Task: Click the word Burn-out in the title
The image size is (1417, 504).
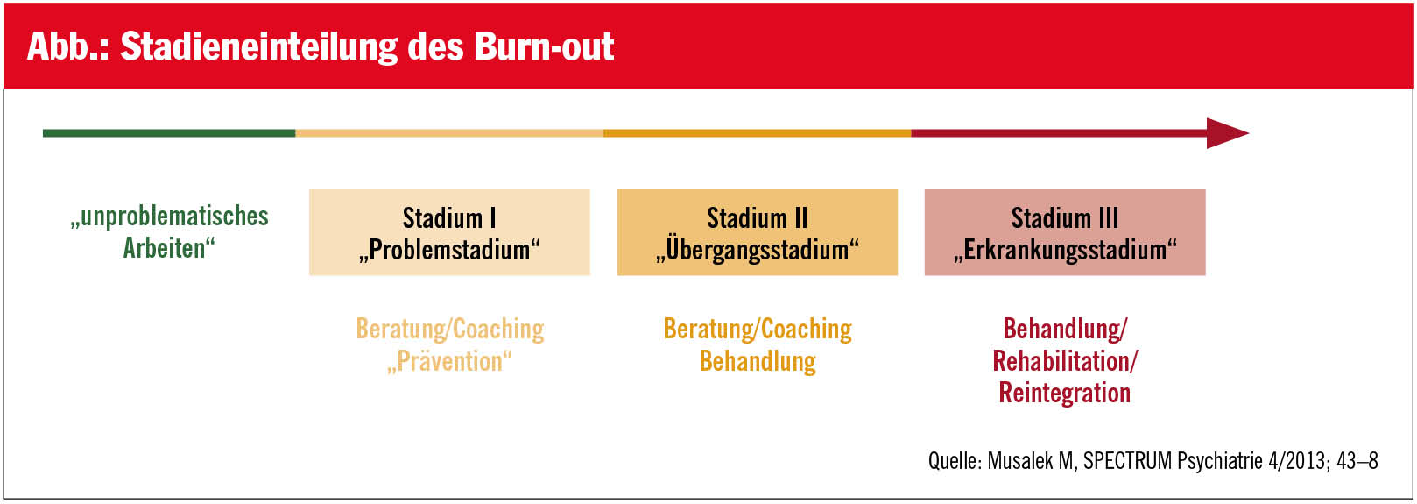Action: tap(544, 46)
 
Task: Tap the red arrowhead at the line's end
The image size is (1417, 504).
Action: tap(1227, 133)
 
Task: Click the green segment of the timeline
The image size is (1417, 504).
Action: tap(169, 133)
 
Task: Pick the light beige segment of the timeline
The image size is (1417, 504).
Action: tap(450, 133)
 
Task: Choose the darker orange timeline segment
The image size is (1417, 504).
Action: tap(758, 133)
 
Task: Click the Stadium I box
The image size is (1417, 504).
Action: tap(450, 232)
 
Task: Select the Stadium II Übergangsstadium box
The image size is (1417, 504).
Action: tap(758, 232)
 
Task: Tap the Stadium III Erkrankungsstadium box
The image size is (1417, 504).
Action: tap(1065, 232)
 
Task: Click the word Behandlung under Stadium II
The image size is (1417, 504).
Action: tap(758, 361)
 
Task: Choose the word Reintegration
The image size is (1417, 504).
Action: tap(1065, 393)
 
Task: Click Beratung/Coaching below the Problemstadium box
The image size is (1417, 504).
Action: tap(450, 330)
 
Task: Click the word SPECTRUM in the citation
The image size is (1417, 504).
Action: tap(1127, 461)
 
